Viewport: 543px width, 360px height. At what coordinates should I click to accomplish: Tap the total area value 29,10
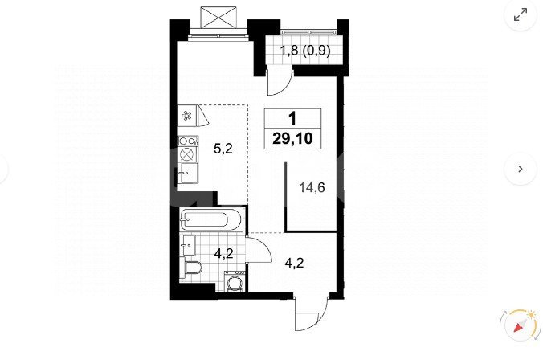coord(292,138)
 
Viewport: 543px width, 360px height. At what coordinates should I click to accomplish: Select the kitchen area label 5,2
coord(223,149)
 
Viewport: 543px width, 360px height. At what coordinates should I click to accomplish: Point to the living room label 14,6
coord(312,188)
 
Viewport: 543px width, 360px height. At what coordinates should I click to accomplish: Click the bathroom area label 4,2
coord(223,254)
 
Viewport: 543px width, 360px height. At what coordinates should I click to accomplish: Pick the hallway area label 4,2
coord(294,263)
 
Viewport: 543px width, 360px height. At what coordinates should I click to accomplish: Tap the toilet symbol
coord(191,269)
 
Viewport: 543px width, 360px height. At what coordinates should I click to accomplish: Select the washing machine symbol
coord(235,281)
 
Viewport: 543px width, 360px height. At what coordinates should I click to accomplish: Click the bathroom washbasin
coord(188,245)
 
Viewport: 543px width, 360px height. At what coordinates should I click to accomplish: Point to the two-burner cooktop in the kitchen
coord(188,141)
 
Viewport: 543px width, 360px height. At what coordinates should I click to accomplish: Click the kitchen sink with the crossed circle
coord(188,153)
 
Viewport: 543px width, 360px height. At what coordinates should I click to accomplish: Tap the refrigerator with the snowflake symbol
coord(187,116)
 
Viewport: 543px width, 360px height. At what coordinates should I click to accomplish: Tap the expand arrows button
coord(521,14)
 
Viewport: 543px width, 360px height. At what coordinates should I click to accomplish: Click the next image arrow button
coord(521,169)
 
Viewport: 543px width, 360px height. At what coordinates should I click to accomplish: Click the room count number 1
coord(292,118)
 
